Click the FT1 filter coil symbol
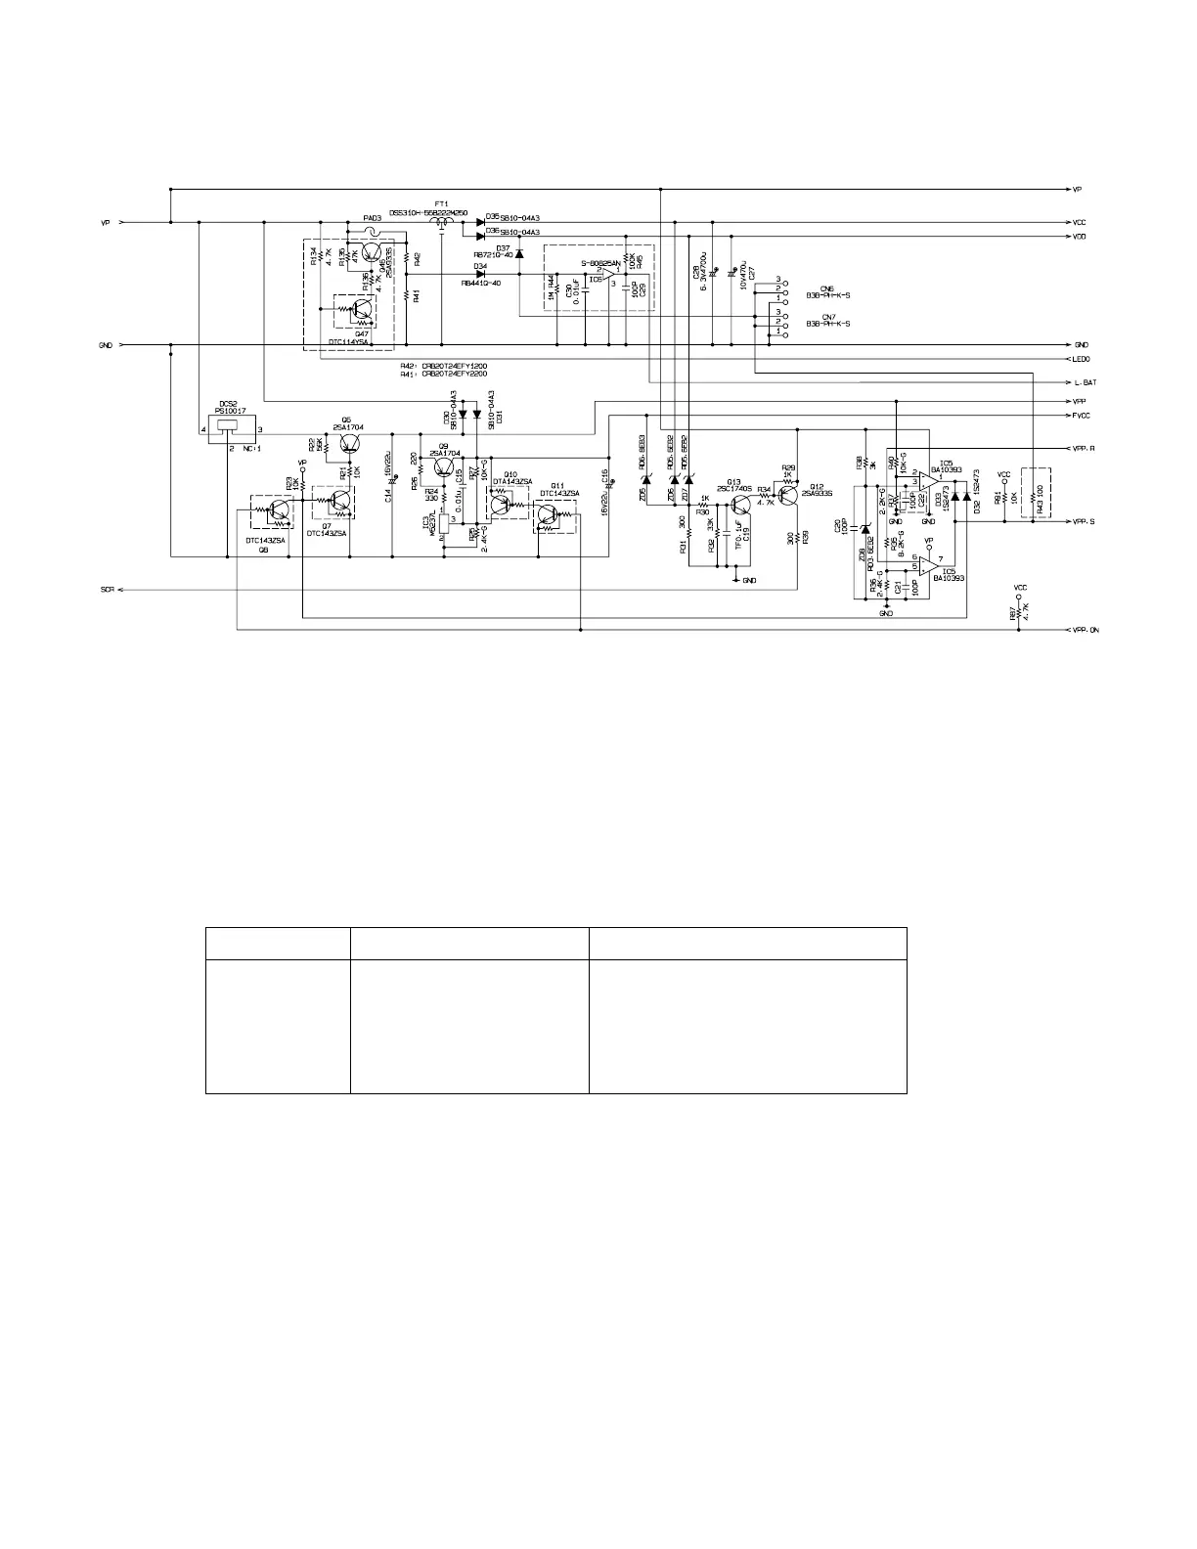(441, 224)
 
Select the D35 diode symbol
(480, 222)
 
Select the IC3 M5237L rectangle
(445, 526)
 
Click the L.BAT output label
(1084, 381)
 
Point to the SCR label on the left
(108, 590)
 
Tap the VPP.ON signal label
(1086, 631)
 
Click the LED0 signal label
(1083, 359)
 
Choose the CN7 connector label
(827, 317)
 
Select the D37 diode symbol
(519, 254)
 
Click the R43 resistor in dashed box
(1035, 494)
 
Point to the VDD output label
(1081, 237)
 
